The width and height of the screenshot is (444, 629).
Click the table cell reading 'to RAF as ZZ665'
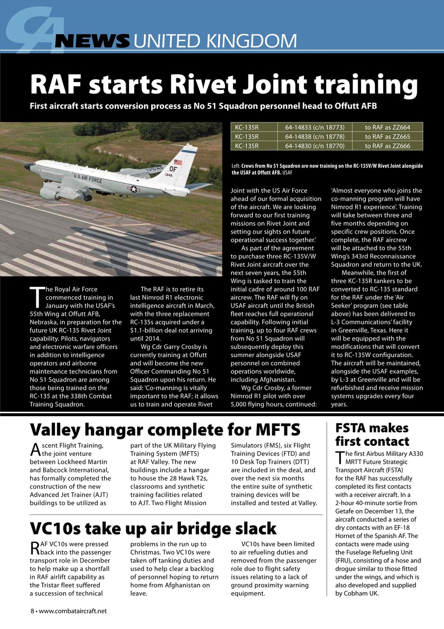(x=387, y=136)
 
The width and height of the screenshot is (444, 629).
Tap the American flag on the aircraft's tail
(x=177, y=162)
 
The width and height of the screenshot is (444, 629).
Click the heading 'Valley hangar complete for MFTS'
(x=165, y=429)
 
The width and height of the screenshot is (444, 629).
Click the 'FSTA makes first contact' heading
(x=372, y=434)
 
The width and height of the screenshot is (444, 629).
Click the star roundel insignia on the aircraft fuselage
(x=133, y=189)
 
